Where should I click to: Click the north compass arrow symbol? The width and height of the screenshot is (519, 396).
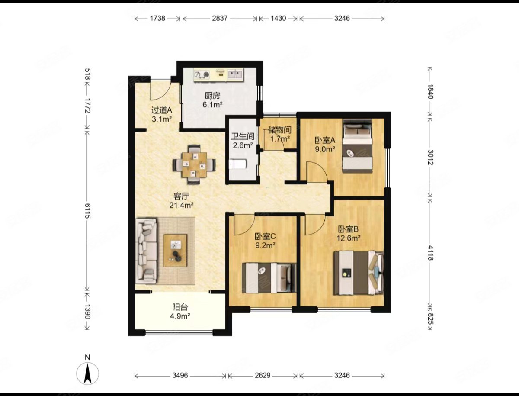pos(87,374)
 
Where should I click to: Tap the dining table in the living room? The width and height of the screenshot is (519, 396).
pos(194,164)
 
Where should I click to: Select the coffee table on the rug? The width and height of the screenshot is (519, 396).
pos(175,251)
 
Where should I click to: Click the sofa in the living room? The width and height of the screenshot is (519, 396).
pos(146,251)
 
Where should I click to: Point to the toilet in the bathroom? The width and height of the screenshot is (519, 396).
pos(237,164)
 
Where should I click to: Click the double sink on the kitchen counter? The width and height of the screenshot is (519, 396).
pos(235,74)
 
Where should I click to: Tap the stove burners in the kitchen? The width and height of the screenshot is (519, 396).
pos(202,75)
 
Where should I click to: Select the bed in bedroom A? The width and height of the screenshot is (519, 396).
pos(357,146)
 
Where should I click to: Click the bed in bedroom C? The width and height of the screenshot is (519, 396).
pos(269,278)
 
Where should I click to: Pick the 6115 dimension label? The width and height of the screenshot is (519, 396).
pos(87,211)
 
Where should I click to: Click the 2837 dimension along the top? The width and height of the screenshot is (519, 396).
pos(220,18)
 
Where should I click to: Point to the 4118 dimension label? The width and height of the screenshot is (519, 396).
pos(430,252)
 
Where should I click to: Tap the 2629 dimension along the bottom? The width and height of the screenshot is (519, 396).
pos(263,375)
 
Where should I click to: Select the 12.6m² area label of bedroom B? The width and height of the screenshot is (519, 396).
pos(349,238)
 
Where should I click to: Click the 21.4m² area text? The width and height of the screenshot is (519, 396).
pos(182,205)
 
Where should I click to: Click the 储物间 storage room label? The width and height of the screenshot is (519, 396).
pos(280,130)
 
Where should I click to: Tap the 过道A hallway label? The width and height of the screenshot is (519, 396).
pos(161,110)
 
